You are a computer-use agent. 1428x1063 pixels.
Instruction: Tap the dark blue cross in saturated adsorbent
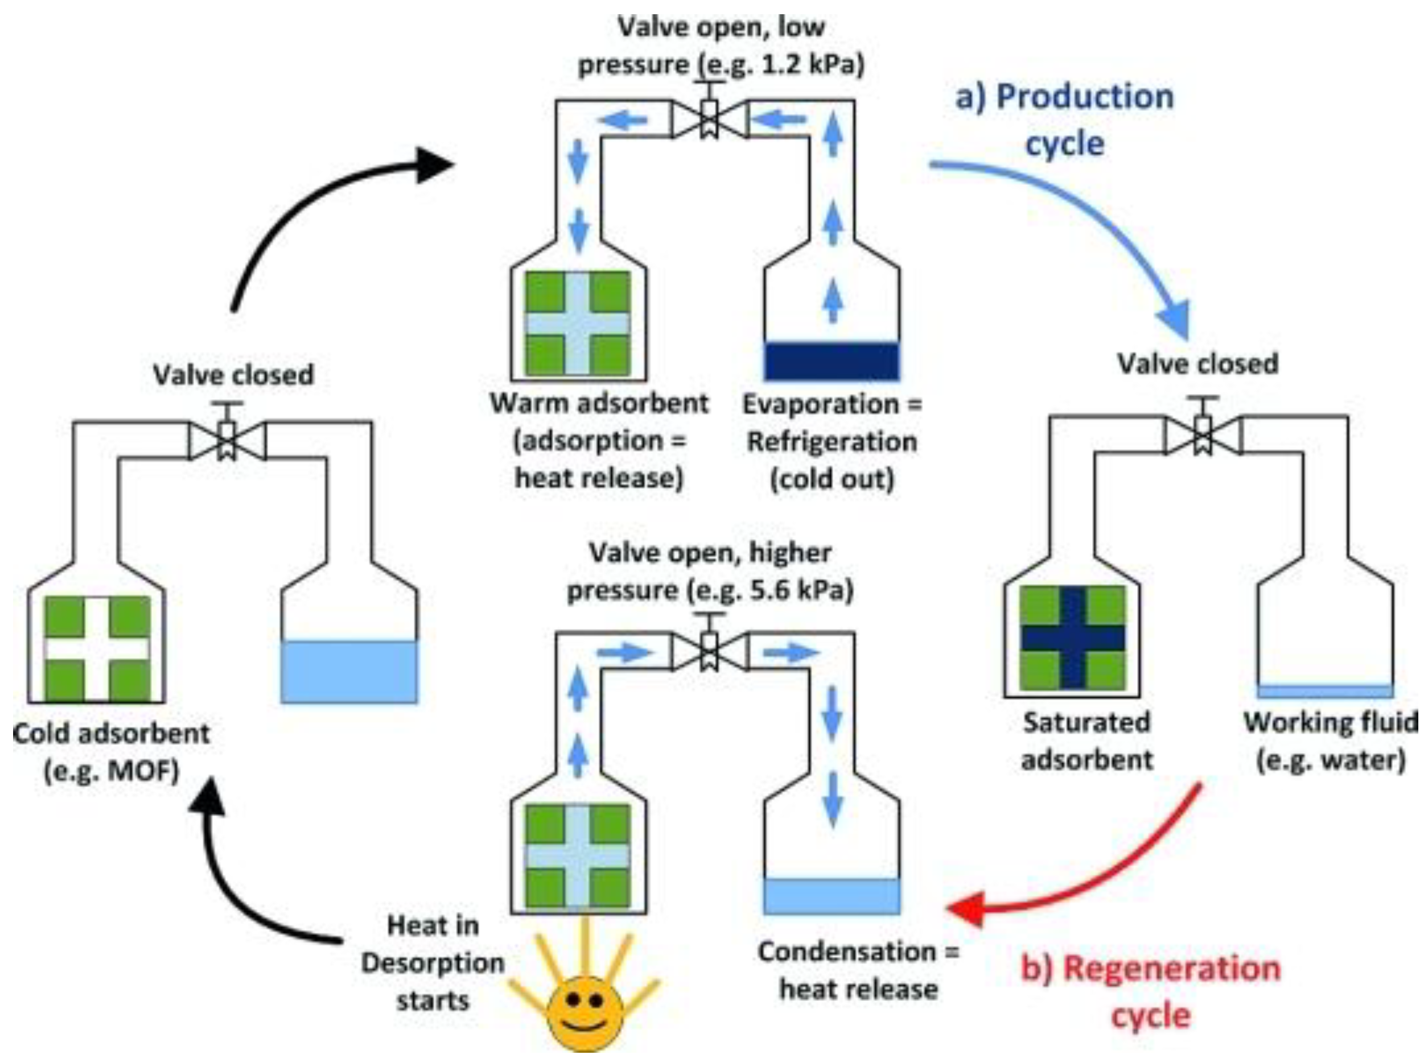point(1073,638)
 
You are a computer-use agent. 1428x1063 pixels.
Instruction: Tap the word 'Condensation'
point(847,952)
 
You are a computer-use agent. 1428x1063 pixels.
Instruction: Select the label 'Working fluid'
point(1330,722)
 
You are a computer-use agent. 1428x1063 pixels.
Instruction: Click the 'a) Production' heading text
point(1065,97)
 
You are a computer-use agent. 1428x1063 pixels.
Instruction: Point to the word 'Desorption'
point(433,963)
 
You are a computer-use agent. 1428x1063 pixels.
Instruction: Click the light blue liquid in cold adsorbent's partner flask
point(348,672)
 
